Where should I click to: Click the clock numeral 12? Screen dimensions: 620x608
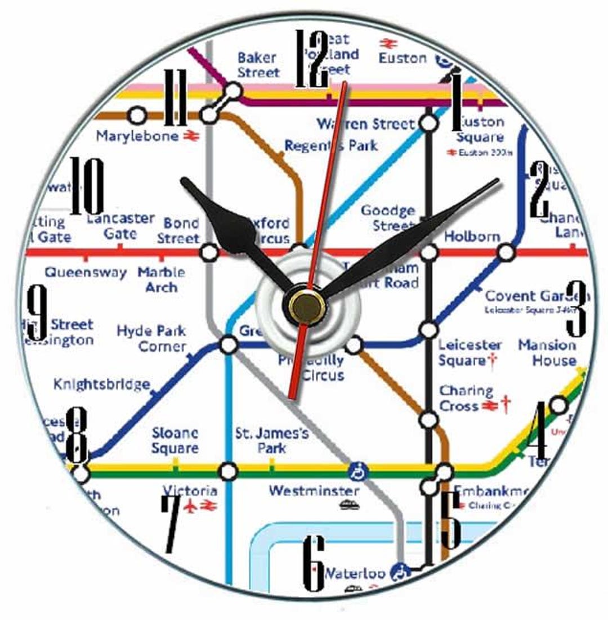[312, 59]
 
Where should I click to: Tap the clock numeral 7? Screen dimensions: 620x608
[172, 523]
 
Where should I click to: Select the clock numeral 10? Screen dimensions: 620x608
[87, 186]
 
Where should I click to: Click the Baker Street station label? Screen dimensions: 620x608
[258, 65]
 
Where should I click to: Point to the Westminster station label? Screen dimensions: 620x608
[314, 491]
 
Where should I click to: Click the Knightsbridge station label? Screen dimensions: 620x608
[101, 385]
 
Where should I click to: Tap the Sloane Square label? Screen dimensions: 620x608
[175, 441]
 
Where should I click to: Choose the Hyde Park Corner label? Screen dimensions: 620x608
[151, 338]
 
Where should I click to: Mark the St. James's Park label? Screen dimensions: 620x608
[272, 441]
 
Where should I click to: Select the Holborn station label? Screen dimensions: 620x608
[472, 236]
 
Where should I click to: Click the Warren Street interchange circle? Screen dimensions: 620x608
[428, 123]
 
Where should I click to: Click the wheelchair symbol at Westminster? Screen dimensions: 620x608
[357, 472]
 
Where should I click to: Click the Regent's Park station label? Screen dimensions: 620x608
[330, 146]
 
